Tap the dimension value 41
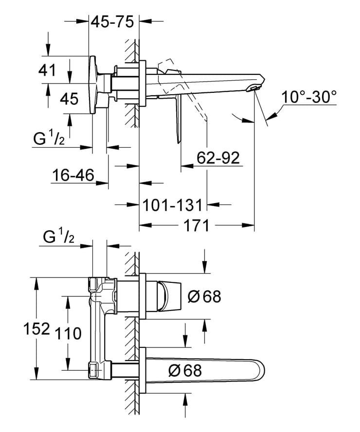tap(47, 70)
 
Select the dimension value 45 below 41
tap(69, 99)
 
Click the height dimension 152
tap(37, 329)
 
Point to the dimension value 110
tap(68, 333)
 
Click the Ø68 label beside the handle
tap(204, 295)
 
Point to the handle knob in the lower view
tap(167, 295)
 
